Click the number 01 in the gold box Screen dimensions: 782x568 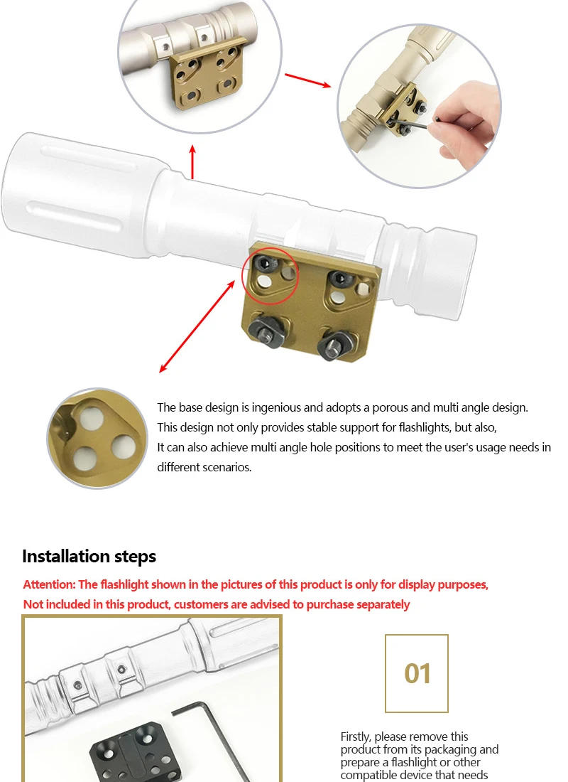[x=417, y=673]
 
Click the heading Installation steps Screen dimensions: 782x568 [x=89, y=556]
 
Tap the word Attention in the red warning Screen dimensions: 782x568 [x=49, y=584]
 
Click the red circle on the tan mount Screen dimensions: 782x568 [x=270, y=272]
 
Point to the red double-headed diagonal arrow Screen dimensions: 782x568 [x=197, y=326]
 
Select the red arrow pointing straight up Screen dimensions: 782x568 [x=192, y=161]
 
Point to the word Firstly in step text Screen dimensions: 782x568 [x=356, y=737]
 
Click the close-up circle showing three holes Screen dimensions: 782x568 [x=97, y=438]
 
